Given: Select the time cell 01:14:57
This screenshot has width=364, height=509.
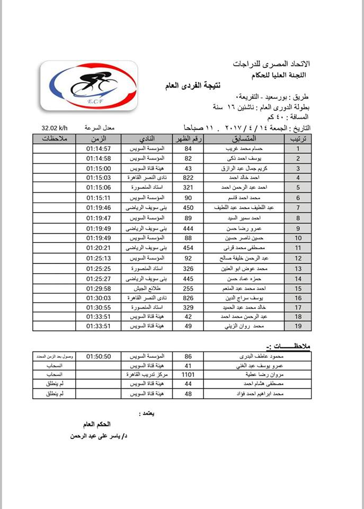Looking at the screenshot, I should point(99,148).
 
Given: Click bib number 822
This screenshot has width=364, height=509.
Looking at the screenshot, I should point(188,178).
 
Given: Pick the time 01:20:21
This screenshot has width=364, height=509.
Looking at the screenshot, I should point(99,248).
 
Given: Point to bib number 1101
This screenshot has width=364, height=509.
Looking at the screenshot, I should point(188,374).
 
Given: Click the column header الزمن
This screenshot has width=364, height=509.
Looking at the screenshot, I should point(99,138).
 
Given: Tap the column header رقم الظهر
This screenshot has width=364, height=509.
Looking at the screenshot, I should point(188,138).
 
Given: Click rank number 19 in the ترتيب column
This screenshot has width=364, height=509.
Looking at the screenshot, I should point(298,326).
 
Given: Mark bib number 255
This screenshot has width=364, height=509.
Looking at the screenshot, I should point(188,287).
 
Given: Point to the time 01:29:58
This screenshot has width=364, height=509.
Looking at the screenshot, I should point(99,287).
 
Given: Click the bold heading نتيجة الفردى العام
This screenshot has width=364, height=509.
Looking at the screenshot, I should point(198,85).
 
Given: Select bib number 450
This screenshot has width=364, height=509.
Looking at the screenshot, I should point(188,207).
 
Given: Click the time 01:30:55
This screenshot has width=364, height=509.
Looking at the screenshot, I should point(99,307).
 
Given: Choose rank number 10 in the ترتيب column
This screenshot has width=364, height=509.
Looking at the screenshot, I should point(298,238).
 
